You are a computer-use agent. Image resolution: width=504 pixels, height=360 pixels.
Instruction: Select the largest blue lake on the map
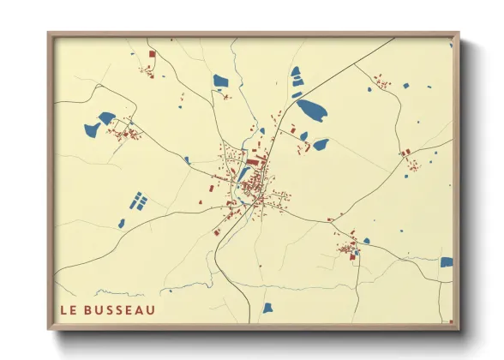(x=310, y=111)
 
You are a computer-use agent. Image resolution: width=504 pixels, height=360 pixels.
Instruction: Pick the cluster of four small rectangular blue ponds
(x=138, y=201)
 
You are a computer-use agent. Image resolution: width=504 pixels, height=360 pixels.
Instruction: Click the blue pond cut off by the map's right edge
(x=446, y=262)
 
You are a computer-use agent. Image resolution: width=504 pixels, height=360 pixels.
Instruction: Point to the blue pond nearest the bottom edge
(x=267, y=308)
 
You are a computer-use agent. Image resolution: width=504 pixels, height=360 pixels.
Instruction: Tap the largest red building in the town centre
(x=252, y=159)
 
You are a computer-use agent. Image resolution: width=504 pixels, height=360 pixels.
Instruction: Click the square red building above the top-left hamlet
(x=153, y=54)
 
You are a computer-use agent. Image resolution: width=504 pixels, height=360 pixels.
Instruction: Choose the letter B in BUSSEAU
(x=90, y=310)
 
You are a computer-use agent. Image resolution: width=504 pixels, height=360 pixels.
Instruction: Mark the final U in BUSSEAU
(x=151, y=310)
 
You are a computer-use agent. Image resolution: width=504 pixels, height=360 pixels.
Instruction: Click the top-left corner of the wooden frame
(x=49, y=34)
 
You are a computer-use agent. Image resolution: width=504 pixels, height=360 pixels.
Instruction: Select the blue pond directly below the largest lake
(x=321, y=145)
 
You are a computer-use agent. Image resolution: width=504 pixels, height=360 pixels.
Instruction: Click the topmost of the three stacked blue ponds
(x=296, y=72)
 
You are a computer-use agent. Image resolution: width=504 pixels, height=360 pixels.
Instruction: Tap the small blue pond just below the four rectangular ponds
(x=122, y=223)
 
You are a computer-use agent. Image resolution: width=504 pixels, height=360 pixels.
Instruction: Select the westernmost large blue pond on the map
(x=92, y=130)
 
